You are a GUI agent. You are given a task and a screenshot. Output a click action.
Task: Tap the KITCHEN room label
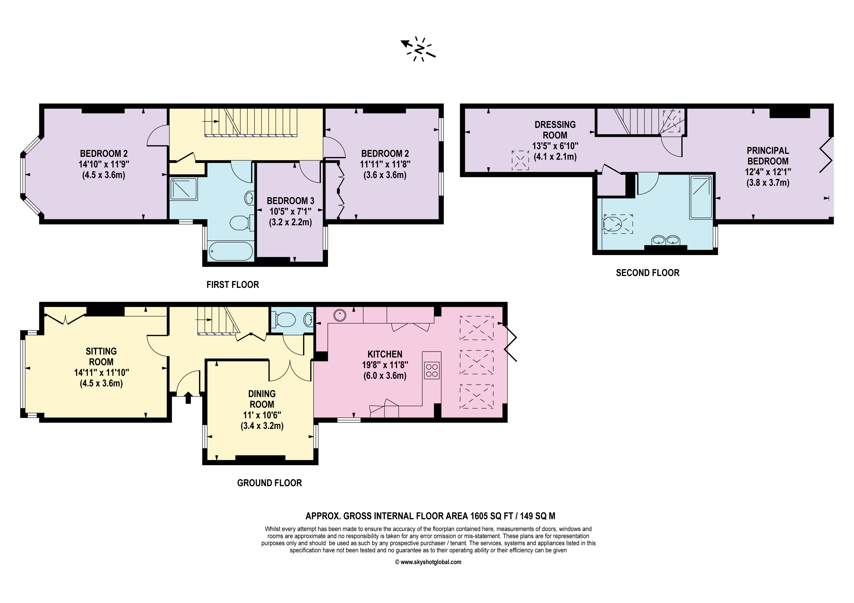[385, 354]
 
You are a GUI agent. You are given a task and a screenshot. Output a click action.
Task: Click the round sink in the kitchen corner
[340, 315]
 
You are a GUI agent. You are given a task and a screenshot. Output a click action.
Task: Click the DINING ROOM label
[262, 399]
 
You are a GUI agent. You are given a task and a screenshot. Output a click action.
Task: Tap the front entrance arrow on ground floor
[188, 398]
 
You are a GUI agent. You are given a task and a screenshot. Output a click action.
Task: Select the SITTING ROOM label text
[101, 357]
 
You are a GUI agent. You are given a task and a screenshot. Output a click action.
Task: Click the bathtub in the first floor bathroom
[231, 251]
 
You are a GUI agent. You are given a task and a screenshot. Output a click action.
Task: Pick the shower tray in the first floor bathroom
[184, 189]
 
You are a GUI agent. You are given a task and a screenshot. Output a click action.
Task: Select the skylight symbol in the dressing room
[520, 160]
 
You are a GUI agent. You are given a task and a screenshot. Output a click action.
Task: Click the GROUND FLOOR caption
[270, 483]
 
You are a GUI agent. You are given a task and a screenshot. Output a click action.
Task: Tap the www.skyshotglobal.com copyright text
[428, 562]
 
